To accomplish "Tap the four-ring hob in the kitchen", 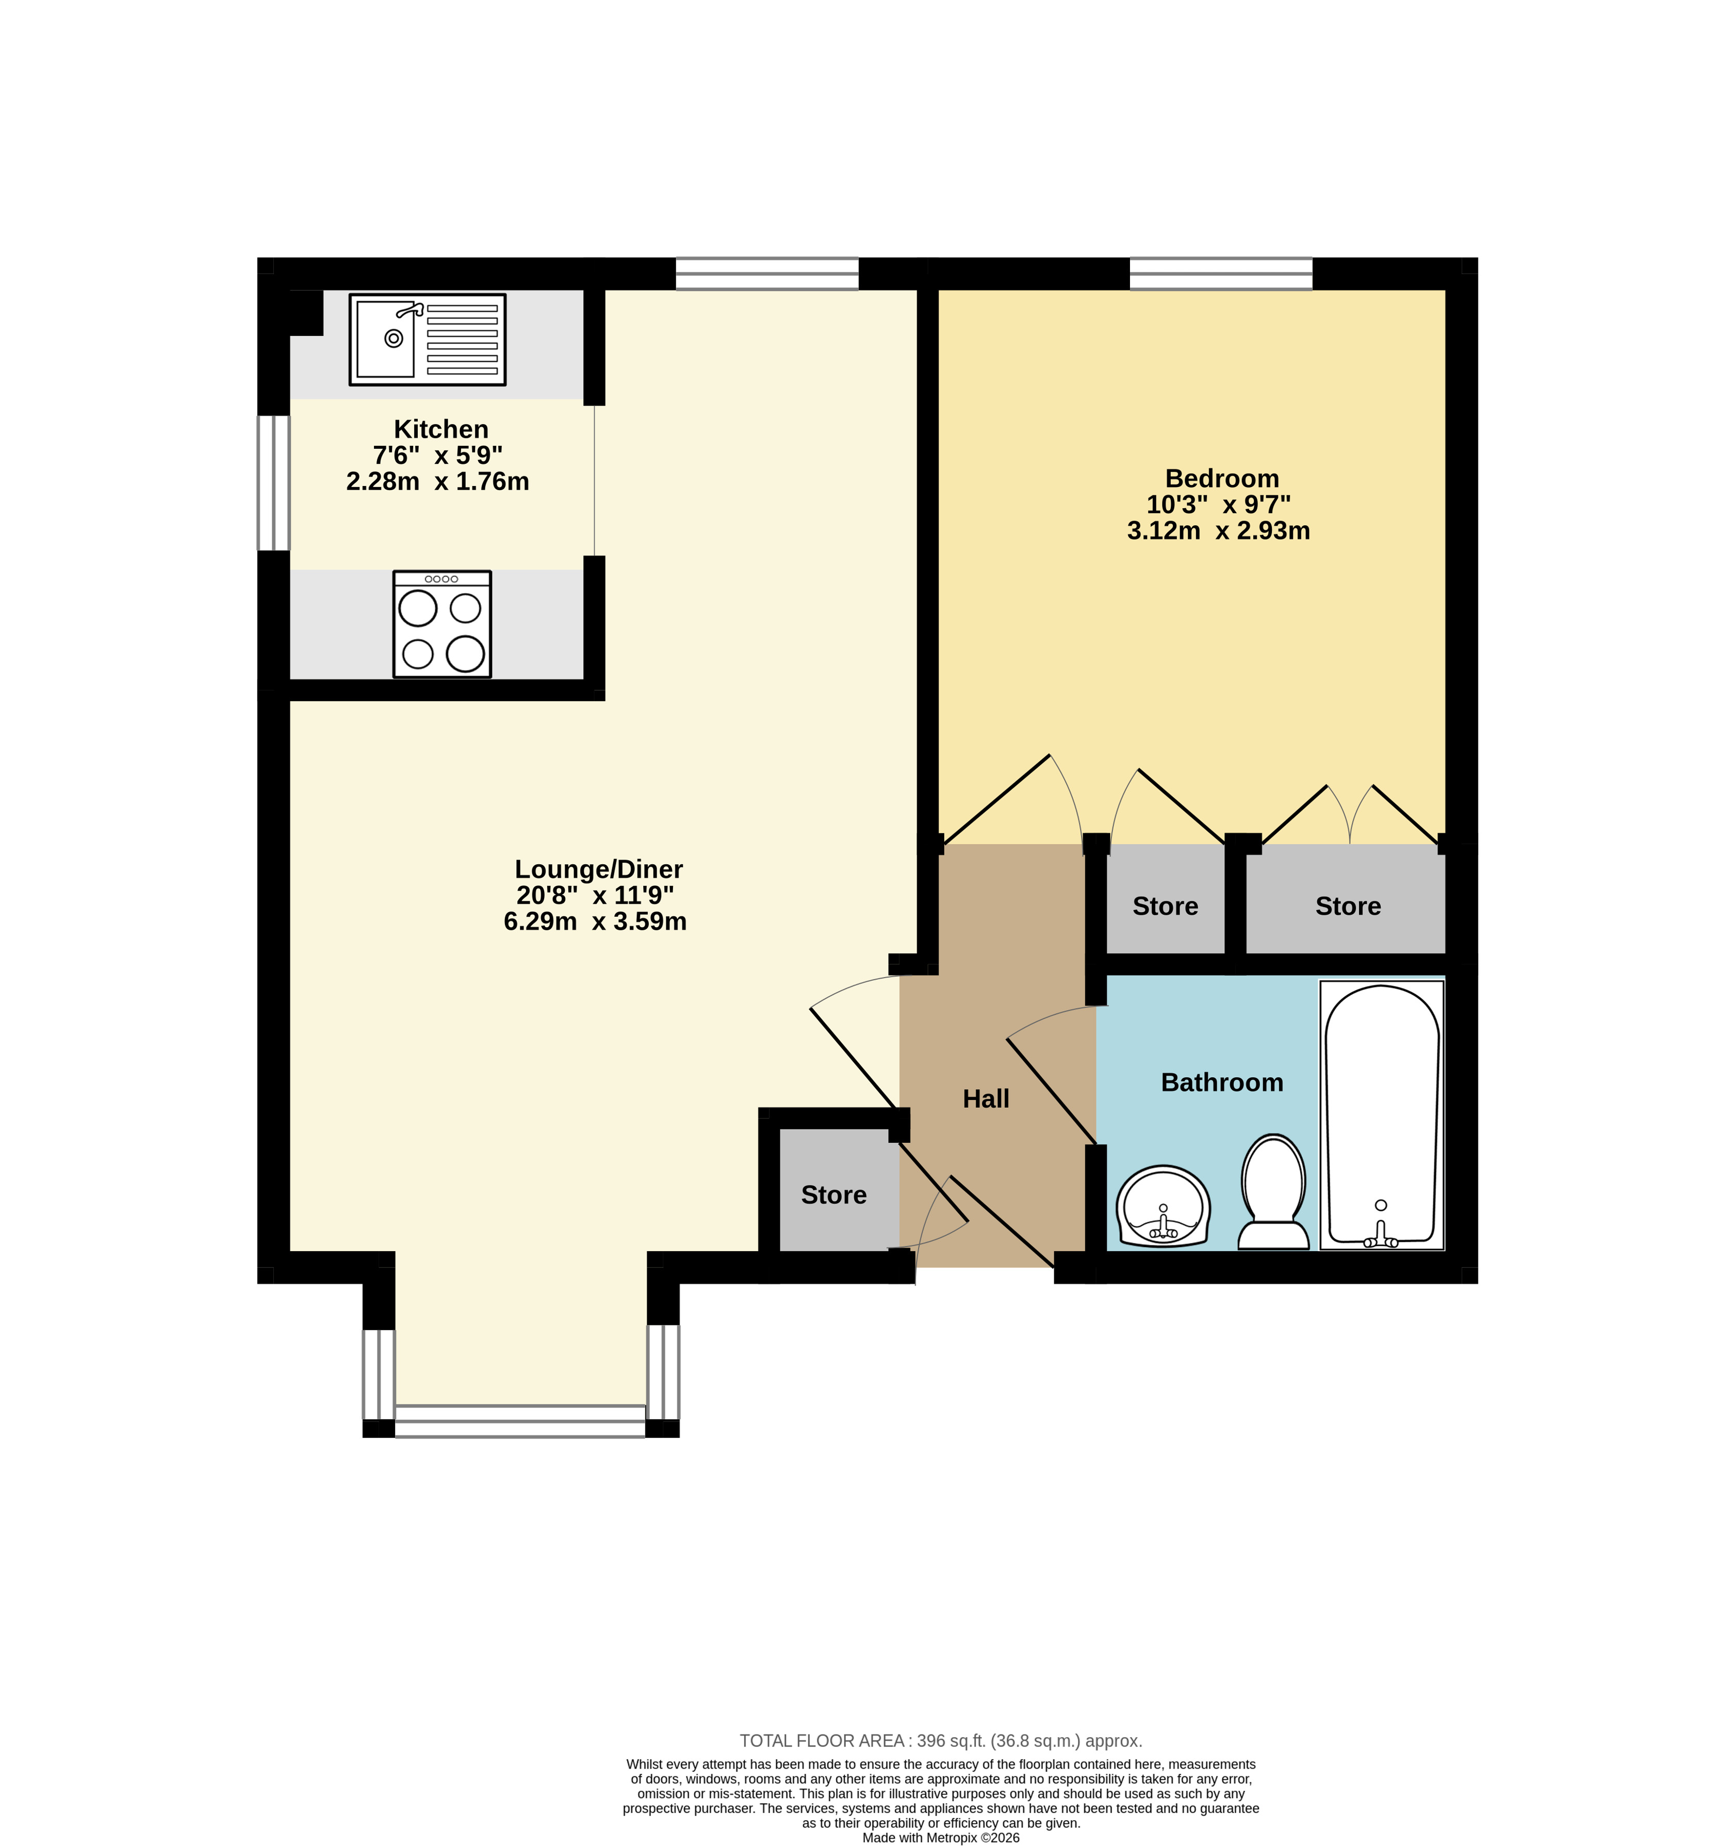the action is coord(442,624).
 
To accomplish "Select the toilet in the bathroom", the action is coord(1273,1192).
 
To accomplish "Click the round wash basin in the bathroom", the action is coord(1163,1206).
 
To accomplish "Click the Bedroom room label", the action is coord(1222,478).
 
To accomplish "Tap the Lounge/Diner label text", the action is coord(599,869).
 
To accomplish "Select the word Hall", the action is coord(986,1098).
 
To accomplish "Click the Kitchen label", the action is coord(441,429).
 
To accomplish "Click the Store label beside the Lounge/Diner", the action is coord(833,1195).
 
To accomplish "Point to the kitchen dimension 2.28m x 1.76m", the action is coord(437,481).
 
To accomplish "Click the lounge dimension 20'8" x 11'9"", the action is coord(595,895).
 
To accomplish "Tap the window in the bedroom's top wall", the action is coord(1221,274).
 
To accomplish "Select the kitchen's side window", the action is coord(274,483).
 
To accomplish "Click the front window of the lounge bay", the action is coord(520,1421).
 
